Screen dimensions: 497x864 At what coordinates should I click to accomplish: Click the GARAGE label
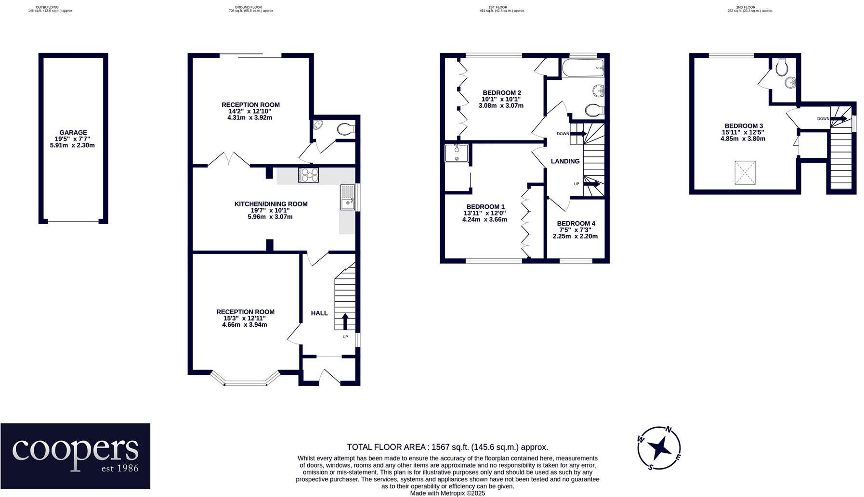[x=73, y=132]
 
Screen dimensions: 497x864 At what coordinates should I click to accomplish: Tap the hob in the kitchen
[x=309, y=175]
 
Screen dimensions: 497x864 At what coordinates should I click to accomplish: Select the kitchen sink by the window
[x=348, y=198]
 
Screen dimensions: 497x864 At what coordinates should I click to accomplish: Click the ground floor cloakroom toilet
[x=345, y=129]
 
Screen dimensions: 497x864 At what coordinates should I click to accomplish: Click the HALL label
[x=319, y=313]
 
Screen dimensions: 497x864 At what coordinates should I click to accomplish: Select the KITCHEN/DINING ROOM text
[x=271, y=204]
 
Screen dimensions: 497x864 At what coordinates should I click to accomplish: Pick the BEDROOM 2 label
[x=502, y=93]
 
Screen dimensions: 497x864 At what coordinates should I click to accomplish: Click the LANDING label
[x=565, y=161]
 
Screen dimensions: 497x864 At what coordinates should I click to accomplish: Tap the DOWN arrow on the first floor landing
[x=578, y=134]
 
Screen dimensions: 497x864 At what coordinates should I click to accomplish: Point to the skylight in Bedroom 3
[x=745, y=173]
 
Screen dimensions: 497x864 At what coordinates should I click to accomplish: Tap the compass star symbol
[x=658, y=448]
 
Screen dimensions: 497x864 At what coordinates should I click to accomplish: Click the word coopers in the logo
[x=75, y=450]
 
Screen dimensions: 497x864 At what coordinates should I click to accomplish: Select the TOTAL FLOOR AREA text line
[x=447, y=447]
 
